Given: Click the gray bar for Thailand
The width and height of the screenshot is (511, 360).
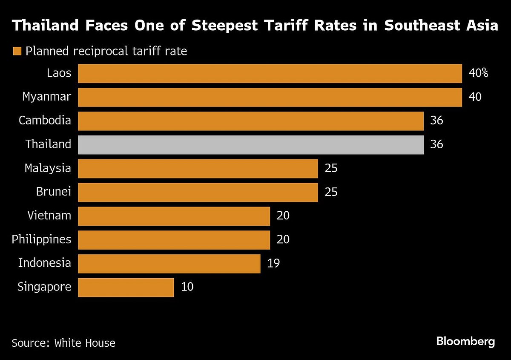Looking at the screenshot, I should (x=251, y=145).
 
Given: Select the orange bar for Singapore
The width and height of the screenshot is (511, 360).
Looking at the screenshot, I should (x=126, y=288).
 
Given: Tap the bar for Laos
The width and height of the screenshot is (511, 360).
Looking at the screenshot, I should (x=270, y=73).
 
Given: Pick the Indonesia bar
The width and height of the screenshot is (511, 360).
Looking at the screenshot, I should (x=169, y=264).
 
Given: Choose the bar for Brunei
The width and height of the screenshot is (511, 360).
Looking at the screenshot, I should (x=198, y=193).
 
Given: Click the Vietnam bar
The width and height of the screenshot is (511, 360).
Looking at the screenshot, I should (x=174, y=216).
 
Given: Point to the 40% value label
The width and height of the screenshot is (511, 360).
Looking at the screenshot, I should (x=478, y=73).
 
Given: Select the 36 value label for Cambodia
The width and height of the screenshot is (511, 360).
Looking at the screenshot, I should (x=436, y=121).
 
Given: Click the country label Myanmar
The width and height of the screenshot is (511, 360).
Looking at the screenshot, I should (x=47, y=97).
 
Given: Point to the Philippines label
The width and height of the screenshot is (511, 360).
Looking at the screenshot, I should (x=41, y=239).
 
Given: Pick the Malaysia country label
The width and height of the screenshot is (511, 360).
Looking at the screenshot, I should (x=48, y=168).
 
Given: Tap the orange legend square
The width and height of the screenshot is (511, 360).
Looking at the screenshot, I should (x=17, y=52).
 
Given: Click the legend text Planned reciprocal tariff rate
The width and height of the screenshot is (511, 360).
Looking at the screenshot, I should (x=106, y=52).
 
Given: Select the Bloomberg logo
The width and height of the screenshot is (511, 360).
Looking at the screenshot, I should (x=465, y=341).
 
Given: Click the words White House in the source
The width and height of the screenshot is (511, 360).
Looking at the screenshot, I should (x=84, y=343).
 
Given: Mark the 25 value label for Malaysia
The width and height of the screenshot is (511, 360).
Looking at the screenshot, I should (x=331, y=169).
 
